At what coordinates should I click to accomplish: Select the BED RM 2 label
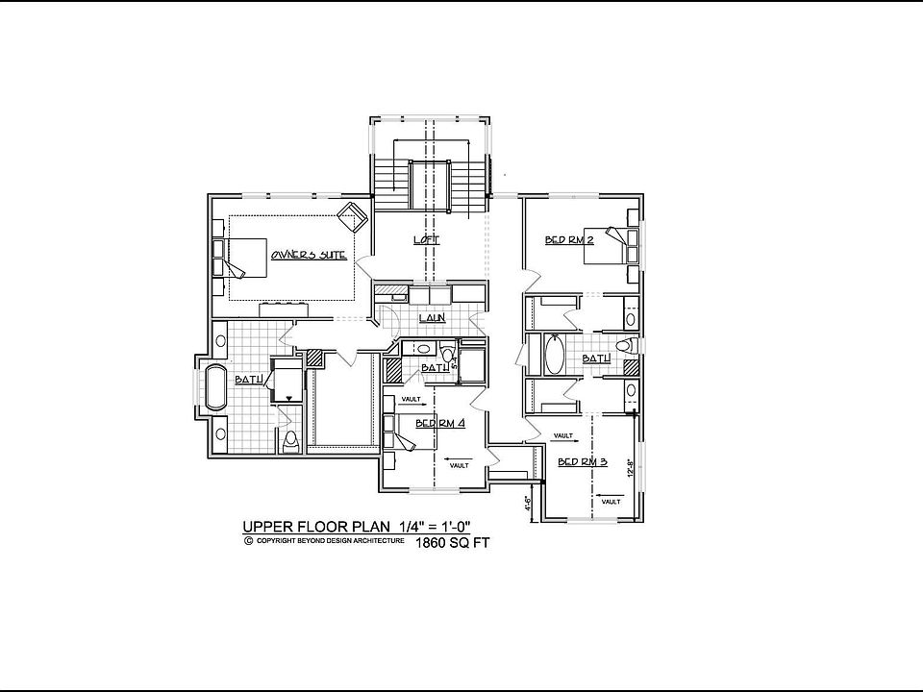(x=569, y=240)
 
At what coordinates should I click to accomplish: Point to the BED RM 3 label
(x=583, y=462)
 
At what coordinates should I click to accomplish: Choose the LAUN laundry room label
(x=430, y=317)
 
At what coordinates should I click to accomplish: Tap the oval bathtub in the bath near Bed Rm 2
(x=555, y=356)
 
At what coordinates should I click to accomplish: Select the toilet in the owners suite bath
(x=291, y=441)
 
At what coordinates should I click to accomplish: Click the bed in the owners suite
(x=243, y=258)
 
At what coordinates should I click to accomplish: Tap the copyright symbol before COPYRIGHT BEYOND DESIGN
(x=248, y=541)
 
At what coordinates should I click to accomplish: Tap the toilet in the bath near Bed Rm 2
(x=624, y=346)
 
